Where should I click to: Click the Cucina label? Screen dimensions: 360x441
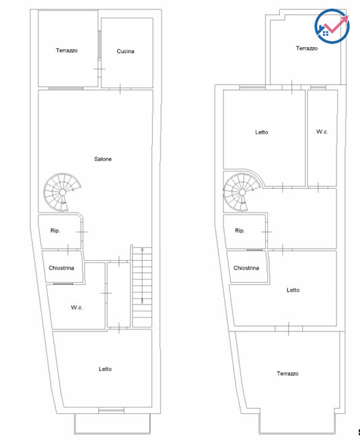[x=125, y=51]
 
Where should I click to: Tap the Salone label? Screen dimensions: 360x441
[x=103, y=159]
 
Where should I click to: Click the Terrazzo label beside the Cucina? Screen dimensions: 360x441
[x=67, y=50]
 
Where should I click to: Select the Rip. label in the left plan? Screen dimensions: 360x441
[x=55, y=231]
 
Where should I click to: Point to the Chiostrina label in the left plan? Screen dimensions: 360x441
[x=61, y=268]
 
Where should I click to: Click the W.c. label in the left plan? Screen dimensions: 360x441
[x=77, y=307]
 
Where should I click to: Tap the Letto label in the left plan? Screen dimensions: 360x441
[x=105, y=369]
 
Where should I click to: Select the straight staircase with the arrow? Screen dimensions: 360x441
[x=142, y=287]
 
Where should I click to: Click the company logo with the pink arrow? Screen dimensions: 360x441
[x=332, y=26]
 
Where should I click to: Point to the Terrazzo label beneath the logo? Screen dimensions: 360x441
[x=307, y=48]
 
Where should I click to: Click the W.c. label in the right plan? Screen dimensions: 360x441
[x=322, y=132]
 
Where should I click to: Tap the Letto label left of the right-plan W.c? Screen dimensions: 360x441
[x=262, y=132]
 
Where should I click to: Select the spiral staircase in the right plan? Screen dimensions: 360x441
[x=242, y=192]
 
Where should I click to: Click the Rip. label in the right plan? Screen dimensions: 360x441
[x=240, y=231]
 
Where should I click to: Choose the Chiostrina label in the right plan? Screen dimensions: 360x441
[x=246, y=268]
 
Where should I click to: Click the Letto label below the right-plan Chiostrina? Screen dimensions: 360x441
[x=293, y=290]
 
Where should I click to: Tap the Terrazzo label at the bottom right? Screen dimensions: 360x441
[x=287, y=374]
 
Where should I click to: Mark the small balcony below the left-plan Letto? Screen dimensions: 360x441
[x=112, y=424]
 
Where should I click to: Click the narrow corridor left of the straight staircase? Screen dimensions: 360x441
[x=119, y=294]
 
